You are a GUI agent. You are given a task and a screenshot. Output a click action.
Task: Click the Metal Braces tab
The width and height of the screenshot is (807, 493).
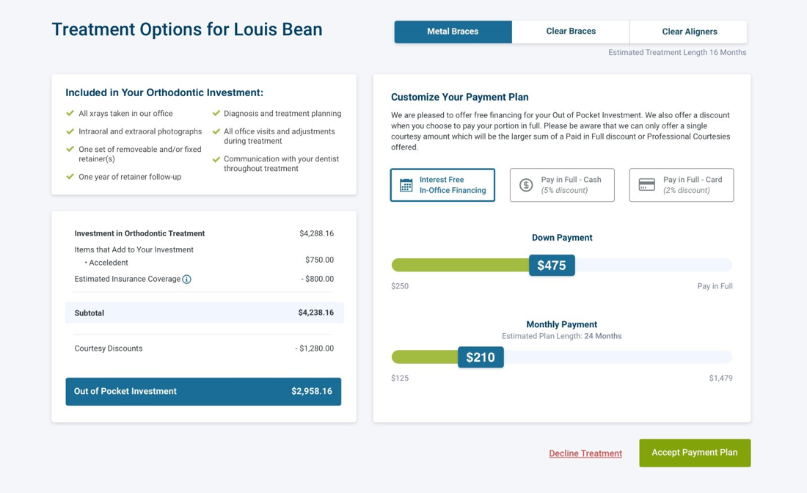[x=453, y=32]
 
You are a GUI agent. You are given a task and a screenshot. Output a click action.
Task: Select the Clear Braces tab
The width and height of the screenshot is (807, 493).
[x=571, y=32]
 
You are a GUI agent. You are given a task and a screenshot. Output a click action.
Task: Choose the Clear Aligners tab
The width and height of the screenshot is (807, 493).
[x=689, y=32]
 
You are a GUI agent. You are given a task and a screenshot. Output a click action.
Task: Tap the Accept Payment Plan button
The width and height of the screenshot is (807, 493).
[x=694, y=453]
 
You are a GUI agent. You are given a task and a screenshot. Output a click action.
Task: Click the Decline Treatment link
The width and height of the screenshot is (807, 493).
[x=585, y=453]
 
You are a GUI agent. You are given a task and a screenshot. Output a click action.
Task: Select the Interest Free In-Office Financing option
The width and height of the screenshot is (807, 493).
[x=442, y=185]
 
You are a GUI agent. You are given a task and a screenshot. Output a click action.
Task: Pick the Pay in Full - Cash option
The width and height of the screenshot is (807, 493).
[x=562, y=185]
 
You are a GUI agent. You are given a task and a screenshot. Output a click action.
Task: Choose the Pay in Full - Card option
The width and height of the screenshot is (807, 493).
[x=681, y=185]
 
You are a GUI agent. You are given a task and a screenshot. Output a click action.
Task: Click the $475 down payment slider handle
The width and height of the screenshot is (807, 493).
[x=552, y=266]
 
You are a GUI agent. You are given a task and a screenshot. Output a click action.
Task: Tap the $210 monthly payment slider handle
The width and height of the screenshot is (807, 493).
[x=481, y=357]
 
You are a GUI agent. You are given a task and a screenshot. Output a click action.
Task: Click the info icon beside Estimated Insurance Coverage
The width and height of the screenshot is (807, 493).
[x=186, y=280]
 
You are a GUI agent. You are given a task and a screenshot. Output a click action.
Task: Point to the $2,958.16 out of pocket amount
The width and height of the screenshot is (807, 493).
[x=311, y=392]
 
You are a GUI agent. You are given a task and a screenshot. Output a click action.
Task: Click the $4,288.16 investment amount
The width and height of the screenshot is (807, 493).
[x=316, y=233]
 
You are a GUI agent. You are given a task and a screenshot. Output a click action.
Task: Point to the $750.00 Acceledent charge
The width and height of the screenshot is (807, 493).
[x=319, y=260]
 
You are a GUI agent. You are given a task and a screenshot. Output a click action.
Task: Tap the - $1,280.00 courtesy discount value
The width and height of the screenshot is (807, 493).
[x=314, y=348]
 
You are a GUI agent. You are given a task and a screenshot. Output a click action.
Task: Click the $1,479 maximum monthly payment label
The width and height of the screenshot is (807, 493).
[x=720, y=379]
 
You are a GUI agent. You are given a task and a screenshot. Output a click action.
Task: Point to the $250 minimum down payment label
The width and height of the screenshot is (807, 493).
[x=400, y=286]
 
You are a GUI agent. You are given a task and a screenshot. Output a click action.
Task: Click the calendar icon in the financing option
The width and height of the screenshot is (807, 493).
[x=406, y=185]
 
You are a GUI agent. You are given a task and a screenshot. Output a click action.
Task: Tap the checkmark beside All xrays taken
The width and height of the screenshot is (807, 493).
[x=70, y=114]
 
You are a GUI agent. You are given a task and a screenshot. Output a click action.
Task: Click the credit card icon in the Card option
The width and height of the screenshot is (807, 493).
[x=646, y=185]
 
